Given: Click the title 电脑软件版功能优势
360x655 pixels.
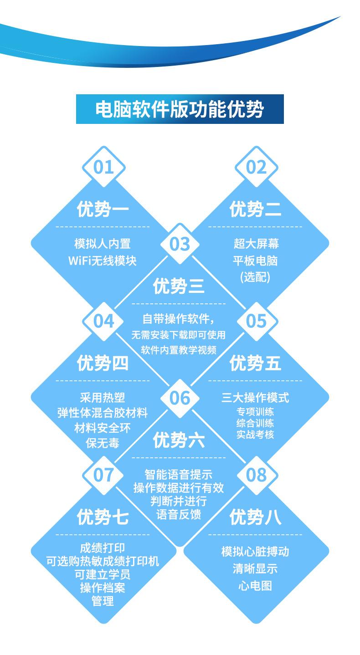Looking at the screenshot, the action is click(x=180, y=109).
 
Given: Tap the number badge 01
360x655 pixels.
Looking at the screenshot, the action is click(x=103, y=167).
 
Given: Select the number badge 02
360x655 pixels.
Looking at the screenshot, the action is click(x=256, y=167).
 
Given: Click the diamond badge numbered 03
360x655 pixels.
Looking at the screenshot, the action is click(x=180, y=244).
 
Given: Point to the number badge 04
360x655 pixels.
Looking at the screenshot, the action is click(x=103, y=321).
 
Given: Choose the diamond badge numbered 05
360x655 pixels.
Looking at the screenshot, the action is click(x=256, y=321).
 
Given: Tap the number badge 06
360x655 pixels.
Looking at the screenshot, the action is click(x=180, y=398).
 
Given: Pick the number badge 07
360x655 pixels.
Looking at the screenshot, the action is click(x=103, y=475).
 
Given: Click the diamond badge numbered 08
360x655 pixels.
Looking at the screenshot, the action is click(x=256, y=475).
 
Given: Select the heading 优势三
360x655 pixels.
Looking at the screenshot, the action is click(x=179, y=287).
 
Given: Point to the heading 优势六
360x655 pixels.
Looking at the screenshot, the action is click(x=179, y=440).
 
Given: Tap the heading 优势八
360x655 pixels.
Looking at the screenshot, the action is click(x=255, y=517).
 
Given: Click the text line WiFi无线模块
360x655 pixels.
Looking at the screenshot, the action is click(x=103, y=261).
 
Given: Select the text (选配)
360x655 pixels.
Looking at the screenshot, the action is click(x=255, y=277).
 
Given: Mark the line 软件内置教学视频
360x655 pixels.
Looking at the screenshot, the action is click(x=179, y=350).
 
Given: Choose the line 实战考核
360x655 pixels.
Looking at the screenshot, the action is click(x=255, y=434).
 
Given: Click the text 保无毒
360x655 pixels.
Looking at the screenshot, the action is click(x=103, y=442).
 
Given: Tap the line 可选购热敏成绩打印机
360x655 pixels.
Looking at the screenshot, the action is click(x=103, y=561).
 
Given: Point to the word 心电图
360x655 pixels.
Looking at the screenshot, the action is click(x=255, y=586).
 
